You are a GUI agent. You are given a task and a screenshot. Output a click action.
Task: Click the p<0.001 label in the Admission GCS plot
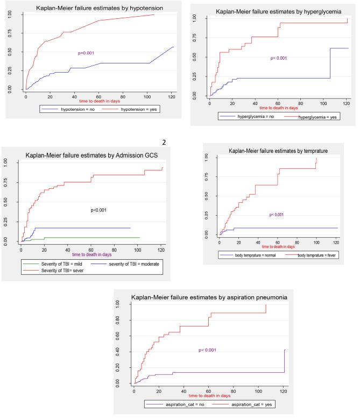[98, 210]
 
